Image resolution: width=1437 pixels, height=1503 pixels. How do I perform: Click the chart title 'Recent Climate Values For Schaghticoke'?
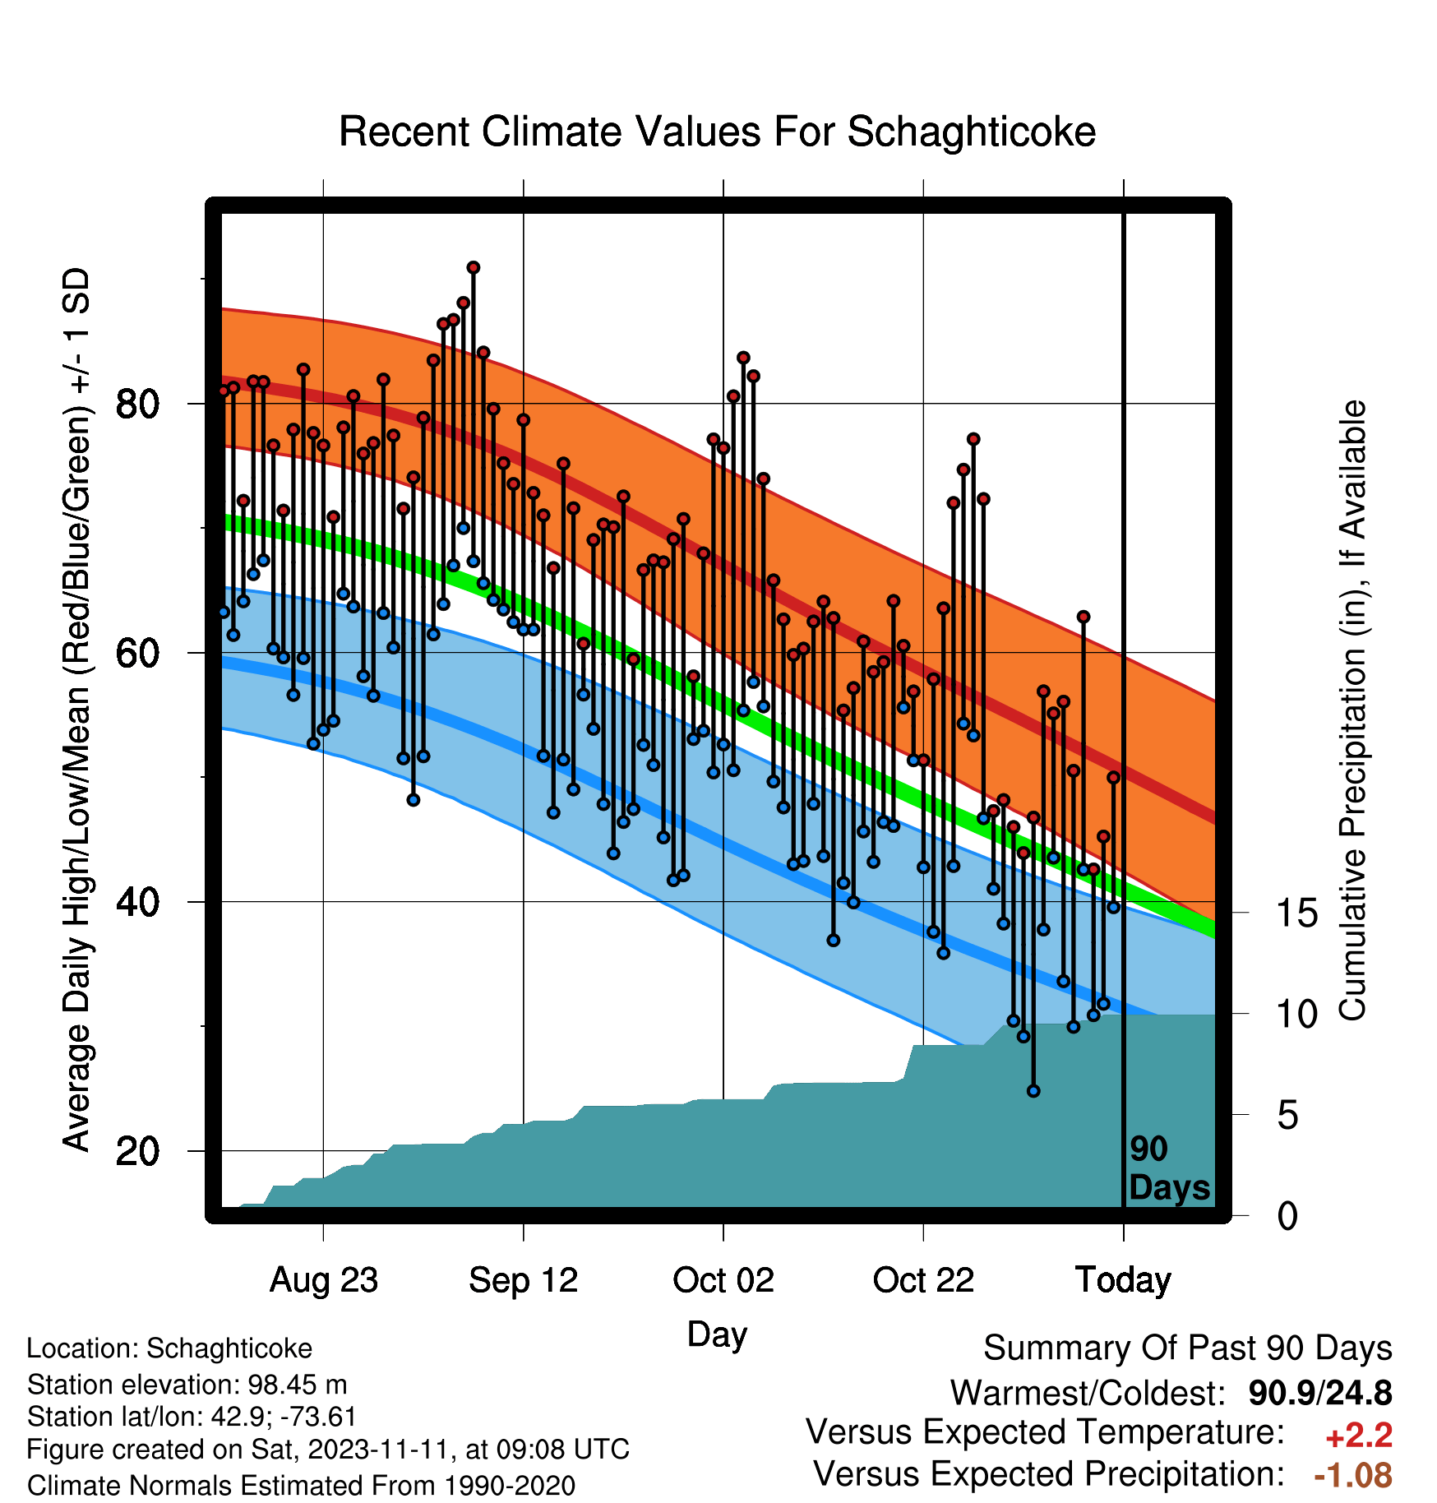[x=717, y=132]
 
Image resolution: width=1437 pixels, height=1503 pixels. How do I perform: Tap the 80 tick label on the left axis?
[x=138, y=404]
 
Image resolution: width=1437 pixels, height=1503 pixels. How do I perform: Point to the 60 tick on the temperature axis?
[x=138, y=653]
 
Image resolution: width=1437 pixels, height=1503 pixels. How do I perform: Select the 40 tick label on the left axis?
[x=138, y=902]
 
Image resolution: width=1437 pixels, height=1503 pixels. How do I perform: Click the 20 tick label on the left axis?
[x=138, y=1151]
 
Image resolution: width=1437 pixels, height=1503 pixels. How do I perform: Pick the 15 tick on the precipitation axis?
[x=1296, y=913]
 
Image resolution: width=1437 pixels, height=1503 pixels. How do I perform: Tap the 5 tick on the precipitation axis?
[x=1287, y=1116]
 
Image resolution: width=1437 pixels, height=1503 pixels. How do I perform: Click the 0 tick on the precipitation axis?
[x=1287, y=1216]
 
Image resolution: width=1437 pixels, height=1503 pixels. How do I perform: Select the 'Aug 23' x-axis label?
[x=324, y=1280]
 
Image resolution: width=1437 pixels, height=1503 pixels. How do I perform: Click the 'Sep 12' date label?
[x=524, y=1280]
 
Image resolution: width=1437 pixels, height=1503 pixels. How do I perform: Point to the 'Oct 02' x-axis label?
[x=723, y=1280]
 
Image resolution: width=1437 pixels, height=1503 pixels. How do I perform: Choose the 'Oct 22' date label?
[x=923, y=1280]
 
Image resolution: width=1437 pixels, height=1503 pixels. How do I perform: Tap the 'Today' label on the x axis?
[x=1123, y=1280]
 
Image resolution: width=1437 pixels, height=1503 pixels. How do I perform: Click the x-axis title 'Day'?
[x=717, y=1334]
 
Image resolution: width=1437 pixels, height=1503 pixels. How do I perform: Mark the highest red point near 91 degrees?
[x=473, y=268]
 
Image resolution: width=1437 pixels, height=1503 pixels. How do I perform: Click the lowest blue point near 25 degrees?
[x=1033, y=1091]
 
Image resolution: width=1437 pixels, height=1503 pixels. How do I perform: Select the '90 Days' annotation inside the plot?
[x=1169, y=1168]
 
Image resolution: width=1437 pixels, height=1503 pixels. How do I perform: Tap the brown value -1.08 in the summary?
[x=1353, y=1475]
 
